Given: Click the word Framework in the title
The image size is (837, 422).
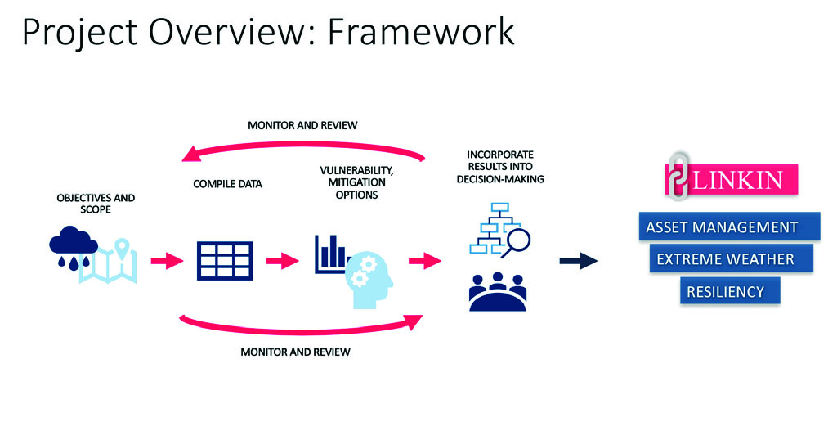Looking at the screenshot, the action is point(421,32).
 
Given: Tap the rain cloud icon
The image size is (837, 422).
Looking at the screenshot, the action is point(73,245).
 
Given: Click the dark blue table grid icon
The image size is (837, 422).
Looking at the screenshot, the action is point(225,261).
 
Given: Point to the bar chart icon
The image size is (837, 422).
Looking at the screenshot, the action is point(331,254).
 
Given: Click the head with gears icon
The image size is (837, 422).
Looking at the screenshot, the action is point(369,279).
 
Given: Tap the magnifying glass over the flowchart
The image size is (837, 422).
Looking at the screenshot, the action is point(516,241).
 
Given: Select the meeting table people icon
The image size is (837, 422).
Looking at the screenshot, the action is point(498,292).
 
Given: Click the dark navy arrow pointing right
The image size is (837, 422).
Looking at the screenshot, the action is point(579,261).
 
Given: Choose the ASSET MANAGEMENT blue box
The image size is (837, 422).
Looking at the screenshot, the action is point(729,227).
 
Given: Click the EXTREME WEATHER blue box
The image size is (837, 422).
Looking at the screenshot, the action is point(732,259).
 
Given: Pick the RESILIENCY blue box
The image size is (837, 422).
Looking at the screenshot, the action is point(730,291).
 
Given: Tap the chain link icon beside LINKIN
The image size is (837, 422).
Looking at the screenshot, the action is point(678,177).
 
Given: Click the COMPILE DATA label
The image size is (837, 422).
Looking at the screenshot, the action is point(227,184).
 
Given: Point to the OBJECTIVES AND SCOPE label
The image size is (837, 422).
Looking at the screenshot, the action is point(96,204).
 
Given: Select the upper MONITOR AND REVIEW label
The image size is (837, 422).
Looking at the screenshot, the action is point(302,125).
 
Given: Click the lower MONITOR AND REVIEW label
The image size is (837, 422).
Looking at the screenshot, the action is point(295,352).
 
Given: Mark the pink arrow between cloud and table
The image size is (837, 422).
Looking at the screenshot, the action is point(167,261).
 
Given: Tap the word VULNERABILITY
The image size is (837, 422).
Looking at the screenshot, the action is point(356,170).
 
